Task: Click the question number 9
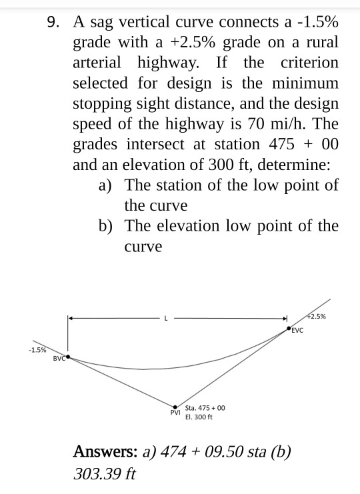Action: (x=53, y=22)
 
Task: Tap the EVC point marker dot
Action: (x=289, y=329)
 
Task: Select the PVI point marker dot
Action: (x=175, y=407)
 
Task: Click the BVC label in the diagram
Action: (x=59, y=359)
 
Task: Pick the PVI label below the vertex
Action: (x=175, y=413)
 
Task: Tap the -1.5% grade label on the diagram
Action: (x=37, y=349)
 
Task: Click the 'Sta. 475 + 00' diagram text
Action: (x=205, y=407)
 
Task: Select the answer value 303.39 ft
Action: (x=104, y=474)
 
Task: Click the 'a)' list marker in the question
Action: (x=105, y=185)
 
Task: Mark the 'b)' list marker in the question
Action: (x=105, y=226)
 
